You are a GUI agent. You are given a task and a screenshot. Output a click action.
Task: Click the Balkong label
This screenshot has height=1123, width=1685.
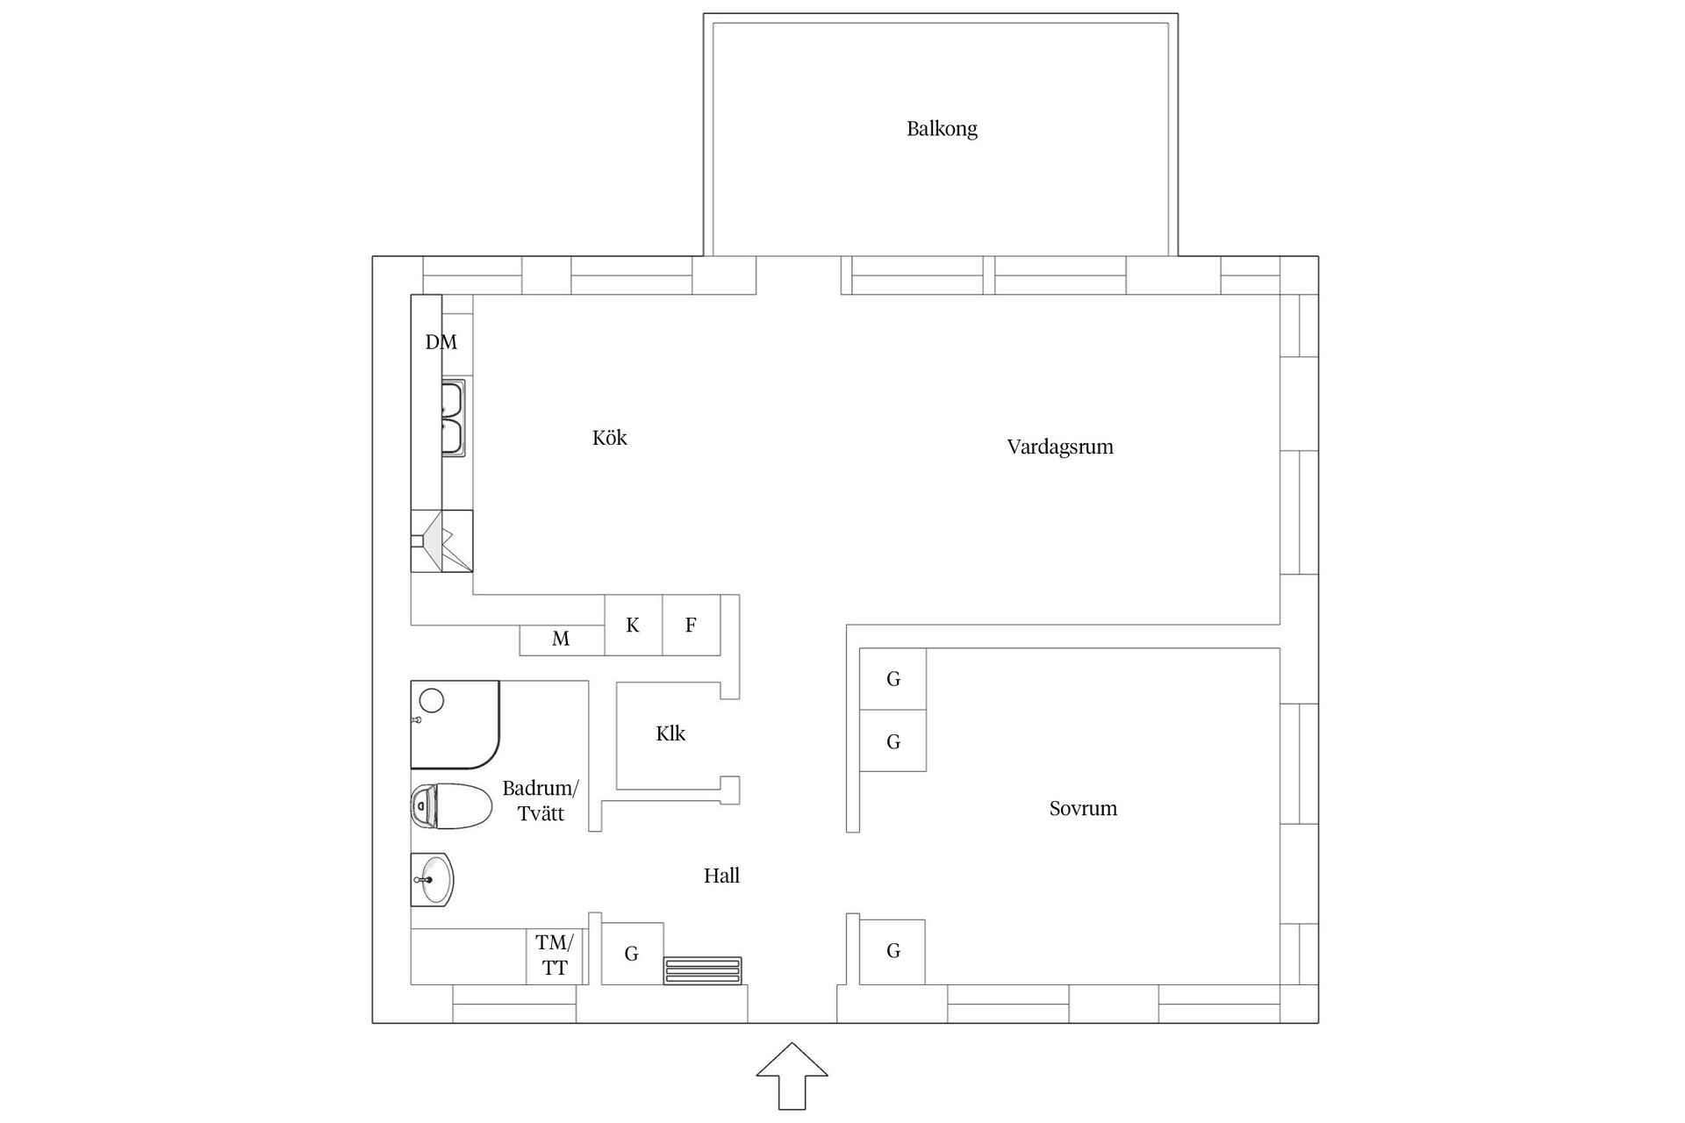(942, 129)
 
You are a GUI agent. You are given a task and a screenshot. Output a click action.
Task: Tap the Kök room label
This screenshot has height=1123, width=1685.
(609, 438)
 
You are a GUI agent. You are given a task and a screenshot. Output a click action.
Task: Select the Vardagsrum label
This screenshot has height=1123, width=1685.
(1059, 447)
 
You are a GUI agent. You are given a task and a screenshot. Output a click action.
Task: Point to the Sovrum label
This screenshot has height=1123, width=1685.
(1082, 808)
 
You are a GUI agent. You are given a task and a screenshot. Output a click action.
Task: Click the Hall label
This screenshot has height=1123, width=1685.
(721, 876)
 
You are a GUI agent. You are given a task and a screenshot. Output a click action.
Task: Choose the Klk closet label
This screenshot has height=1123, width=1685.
(670, 733)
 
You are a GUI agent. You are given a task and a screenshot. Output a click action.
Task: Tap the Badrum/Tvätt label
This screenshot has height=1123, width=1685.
(540, 800)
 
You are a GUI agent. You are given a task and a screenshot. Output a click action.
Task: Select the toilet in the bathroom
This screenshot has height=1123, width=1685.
(451, 806)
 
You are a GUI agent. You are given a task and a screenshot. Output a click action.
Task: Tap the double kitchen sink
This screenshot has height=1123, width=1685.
(452, 418)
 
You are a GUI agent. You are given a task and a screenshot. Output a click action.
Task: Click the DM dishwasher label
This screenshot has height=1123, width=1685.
(441, 342)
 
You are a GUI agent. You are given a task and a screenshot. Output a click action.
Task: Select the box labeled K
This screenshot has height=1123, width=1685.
(633, 626)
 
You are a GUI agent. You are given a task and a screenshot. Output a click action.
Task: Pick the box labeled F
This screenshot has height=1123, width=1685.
(691, 626)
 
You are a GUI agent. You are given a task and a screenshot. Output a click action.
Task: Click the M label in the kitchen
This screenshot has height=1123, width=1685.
(561, 640)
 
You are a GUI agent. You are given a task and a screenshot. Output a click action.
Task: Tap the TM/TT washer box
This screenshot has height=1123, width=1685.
(555, 955)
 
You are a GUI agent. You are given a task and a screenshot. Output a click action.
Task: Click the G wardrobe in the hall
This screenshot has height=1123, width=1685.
(632, 954)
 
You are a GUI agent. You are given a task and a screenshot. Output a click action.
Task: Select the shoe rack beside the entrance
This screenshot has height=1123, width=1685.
(702, 970)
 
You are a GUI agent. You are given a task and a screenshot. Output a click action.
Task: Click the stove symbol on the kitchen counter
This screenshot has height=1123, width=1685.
(441, 541)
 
